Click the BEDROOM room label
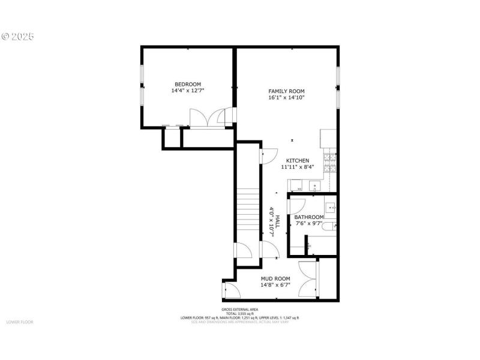(187, 85)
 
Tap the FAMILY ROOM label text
(290, 91)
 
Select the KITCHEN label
(298, 161)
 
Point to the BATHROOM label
(309, 217)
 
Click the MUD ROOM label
(275, 279)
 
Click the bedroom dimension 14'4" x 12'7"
(187, 91)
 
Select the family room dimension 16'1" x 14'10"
(290, 98)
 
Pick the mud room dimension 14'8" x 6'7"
(275, 286)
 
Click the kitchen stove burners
(330, 160)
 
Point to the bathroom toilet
(308, 245)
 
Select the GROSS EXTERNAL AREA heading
(240, 310)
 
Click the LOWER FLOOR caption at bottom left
(20, 322)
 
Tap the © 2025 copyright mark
(18, 36)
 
